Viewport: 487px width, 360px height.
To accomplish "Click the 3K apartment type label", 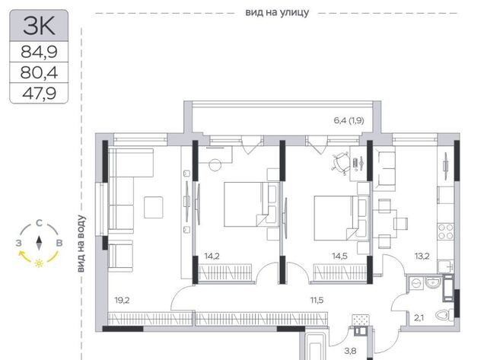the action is [39, 25].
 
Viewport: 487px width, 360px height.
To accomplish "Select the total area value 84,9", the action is [39, 52].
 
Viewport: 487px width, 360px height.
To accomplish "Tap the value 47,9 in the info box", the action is [39, 93].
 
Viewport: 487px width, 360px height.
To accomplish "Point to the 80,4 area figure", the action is [39, 72].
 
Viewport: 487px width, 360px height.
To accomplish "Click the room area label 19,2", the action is [122, 301].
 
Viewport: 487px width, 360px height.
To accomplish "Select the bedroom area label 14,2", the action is [212, 256].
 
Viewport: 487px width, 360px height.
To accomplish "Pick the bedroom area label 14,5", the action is [339, 256].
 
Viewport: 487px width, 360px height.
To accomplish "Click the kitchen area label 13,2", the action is [422, 256].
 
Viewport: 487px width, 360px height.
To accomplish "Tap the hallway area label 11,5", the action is [317, 300].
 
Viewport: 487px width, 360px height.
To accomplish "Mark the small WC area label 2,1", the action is [419, 317].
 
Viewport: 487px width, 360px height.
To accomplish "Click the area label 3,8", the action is [350, 352].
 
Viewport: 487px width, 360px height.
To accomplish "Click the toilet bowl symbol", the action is [444, 315].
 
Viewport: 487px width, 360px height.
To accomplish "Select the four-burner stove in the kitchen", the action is [446, 231].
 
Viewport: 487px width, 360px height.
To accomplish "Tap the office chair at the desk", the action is [341, 162].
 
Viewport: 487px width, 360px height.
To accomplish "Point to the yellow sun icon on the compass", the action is [39, 263].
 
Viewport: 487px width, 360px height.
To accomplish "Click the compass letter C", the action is [39, 223].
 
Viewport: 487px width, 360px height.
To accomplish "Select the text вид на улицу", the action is [277, 12].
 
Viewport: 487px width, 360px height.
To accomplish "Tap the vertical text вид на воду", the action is [81, 244].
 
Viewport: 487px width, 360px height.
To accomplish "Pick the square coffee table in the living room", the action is [154, 207].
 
